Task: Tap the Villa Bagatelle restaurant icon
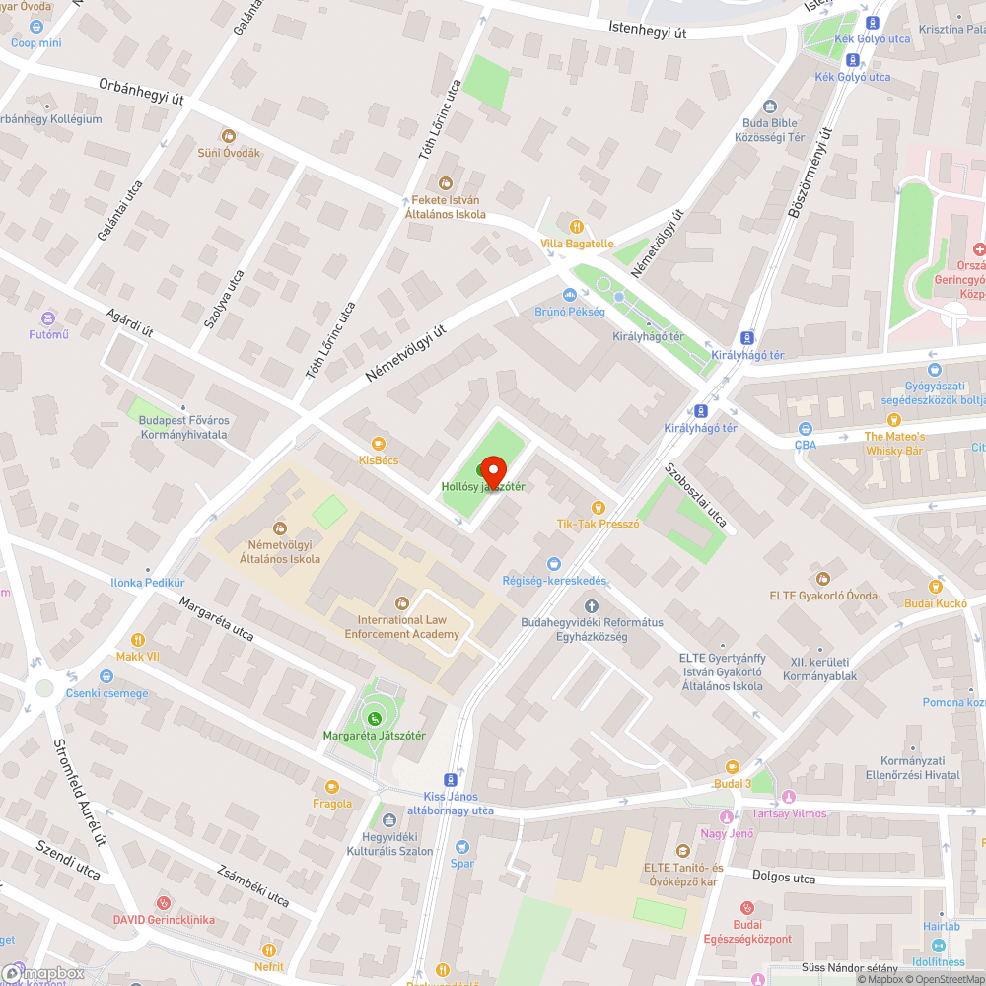(x=577, y=226)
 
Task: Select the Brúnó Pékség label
(x=570, y=311)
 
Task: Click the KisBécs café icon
(x=379, y=444)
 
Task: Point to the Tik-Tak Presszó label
(x=599, y=524)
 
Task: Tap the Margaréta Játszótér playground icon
(x=374, y=718)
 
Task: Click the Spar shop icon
(x=462, y=846)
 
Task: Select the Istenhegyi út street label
(x=647, y=31)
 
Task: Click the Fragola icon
(x=331, y=786)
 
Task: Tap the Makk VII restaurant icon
(x=137, y=639)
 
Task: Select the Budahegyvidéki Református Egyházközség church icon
(x=592, y=605)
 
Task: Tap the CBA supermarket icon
(x=805, y=428)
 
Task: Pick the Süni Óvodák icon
(x=229, y=136)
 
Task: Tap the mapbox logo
(x=44, y=973)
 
